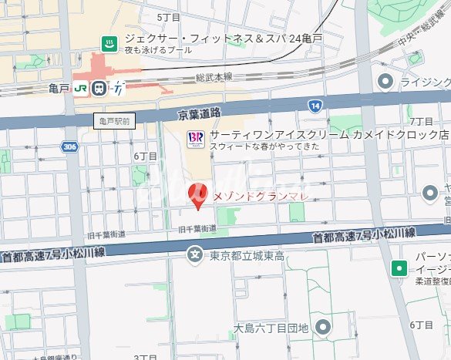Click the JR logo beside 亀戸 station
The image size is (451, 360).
pyautogui.click(x=81, y=89)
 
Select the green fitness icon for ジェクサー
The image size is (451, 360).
pyautogui.click(x=109, y=43)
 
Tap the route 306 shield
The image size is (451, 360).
pyautogui.click(x=71, y=146)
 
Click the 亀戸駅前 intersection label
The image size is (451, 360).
pyautogui.click(x=116, y=120)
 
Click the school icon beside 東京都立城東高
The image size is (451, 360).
pyautogui.click(x=197, y=254)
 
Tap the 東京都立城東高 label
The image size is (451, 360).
pyautogui.click(x=247, y=255)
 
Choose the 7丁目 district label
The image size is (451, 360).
pyautogui.click(x=421, y=122)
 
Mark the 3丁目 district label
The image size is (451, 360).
pyautogui.click(x=145, y=357)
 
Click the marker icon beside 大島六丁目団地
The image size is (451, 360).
pyautogui.click(x=322, y=328)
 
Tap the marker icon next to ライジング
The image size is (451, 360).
pyautogui.click(x=386, y=81)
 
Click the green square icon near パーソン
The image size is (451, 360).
pyautogui.click(x=399, y=268)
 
